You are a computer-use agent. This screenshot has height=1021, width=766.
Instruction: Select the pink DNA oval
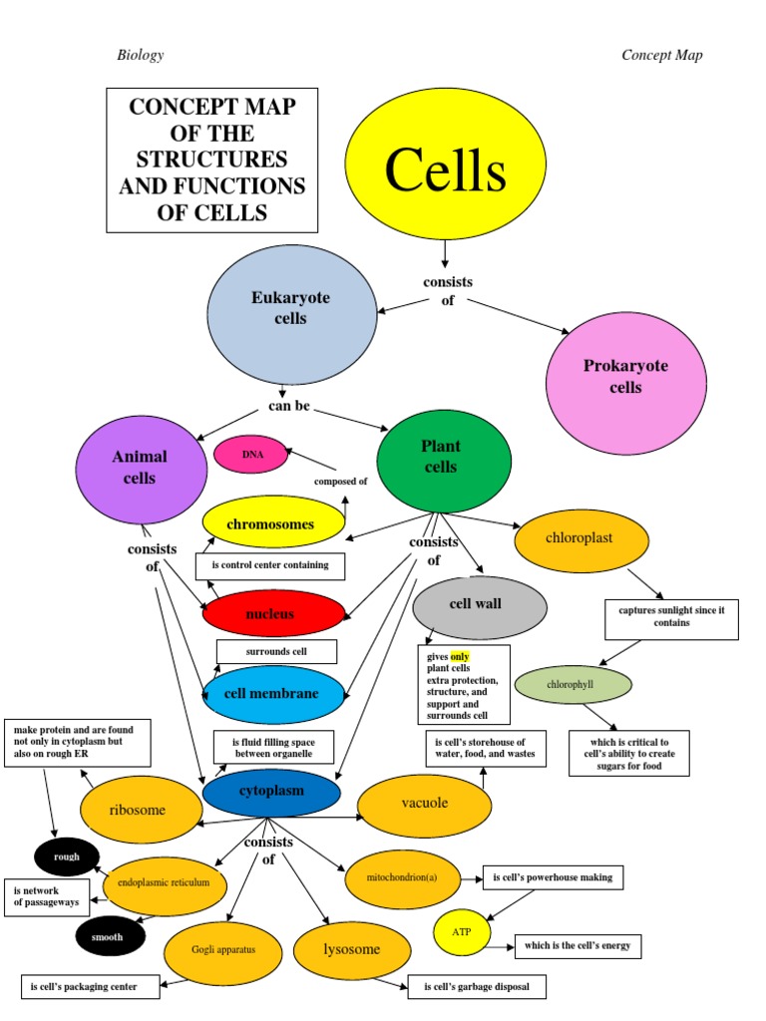pos(250,455)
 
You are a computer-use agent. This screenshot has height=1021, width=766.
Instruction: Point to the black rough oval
pos(67,855)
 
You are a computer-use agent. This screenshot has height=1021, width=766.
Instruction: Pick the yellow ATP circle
pos(462,932)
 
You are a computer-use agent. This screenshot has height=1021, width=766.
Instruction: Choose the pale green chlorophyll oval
pos(574,685)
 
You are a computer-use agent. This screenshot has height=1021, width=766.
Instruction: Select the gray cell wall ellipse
pos(480,605)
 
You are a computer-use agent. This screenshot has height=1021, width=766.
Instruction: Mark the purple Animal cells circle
pos(141,469)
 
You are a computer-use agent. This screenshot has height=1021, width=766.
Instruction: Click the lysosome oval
pos(352,949)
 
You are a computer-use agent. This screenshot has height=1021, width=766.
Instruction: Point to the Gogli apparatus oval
pos(224,950)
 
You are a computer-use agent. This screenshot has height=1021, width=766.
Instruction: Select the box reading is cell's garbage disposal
pos(478,987)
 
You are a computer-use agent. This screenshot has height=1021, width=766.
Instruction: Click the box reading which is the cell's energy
pos(577,945)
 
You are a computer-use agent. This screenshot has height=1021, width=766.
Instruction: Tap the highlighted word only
pos(460,657)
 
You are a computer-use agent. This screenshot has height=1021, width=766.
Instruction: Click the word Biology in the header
pos(141,55)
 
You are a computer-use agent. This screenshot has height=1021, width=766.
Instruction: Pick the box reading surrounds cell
pos(276,652)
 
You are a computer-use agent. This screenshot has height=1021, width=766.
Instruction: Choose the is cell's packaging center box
pos(91,987)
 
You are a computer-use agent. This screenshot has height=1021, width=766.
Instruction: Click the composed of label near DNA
pos(341,481)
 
